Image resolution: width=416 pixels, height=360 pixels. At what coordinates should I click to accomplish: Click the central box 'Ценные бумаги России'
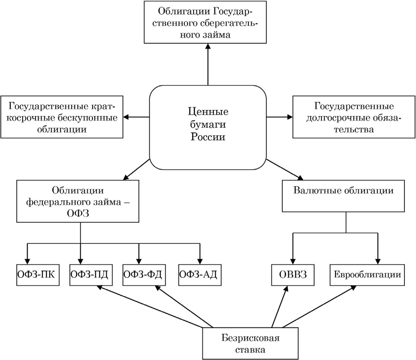click(208, 127)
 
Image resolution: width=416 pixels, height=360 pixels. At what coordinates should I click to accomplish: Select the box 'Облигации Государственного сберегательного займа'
click(205, 22)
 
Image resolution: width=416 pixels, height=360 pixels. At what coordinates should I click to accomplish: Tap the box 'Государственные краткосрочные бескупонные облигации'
click(62, 117)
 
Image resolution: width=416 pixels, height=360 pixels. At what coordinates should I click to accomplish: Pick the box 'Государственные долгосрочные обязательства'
click(354, 117)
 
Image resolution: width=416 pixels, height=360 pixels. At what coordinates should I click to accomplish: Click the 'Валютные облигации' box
click(343, 196)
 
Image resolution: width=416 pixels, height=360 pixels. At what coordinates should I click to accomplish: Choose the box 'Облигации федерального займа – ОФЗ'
click(78, 201)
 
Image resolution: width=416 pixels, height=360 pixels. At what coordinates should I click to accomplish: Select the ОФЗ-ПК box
click(38, 275)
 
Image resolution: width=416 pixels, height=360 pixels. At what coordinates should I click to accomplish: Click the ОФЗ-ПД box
click(91, 275)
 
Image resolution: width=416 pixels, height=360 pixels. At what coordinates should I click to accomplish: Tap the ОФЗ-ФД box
click(144, 275)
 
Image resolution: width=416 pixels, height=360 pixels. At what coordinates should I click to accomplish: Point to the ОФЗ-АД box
click(200, 275)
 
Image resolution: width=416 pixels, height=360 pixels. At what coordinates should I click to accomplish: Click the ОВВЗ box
click(293, 275)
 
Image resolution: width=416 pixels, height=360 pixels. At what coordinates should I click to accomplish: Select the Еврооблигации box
click(367, 275)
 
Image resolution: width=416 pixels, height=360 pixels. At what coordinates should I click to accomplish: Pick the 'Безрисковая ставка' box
click(250, 344)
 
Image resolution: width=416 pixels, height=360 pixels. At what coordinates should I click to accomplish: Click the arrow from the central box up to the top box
click(208, 64)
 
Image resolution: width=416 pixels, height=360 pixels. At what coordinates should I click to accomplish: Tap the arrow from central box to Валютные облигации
click(285, 170)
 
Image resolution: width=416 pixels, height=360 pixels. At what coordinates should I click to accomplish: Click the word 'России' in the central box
click(208, 137)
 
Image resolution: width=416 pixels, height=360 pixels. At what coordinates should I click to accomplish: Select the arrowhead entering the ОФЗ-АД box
click(200, 261)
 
